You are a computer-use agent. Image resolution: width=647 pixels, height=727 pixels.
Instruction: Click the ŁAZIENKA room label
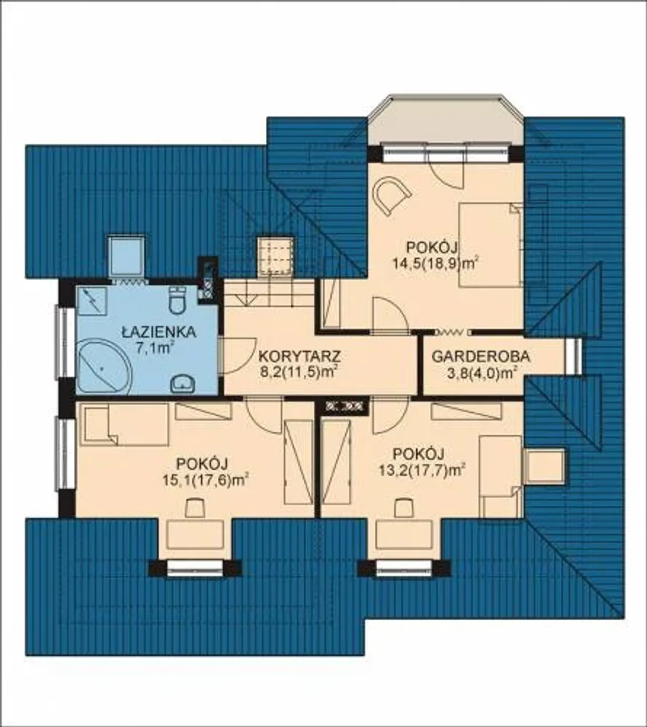point(159,332)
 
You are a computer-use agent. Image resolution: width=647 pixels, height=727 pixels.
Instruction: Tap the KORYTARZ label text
point(299,357)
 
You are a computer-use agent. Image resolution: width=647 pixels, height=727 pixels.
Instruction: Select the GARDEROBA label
point(481,357)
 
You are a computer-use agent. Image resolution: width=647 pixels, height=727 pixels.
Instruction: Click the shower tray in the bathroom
point(92,301)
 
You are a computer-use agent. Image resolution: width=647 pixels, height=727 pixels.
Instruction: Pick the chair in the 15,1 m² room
point(195,508)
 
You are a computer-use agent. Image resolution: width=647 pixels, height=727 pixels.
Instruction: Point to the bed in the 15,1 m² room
point(124,424)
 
